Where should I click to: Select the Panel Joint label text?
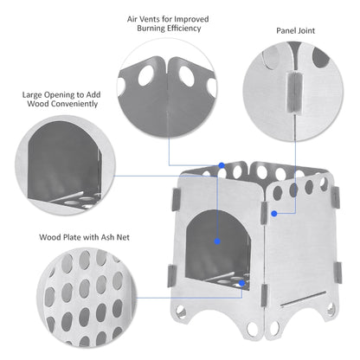coord(295,30)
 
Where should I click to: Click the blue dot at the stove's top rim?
coord(222,165)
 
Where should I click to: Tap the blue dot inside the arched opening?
coord(217,241)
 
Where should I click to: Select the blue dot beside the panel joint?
coord(274,214)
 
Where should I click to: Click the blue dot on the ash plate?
coord(241,283)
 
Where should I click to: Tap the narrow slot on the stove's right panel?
coord(304,299)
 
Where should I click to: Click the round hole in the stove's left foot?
coord(181,312)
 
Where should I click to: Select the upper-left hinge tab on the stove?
coord(176,199)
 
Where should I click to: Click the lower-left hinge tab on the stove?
coord(171,276)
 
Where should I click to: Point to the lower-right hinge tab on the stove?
coord(338,273)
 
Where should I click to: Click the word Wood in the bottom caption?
coord(50,237)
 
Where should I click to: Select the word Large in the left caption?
coord(32,95)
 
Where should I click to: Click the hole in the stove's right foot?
coord(331,308)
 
